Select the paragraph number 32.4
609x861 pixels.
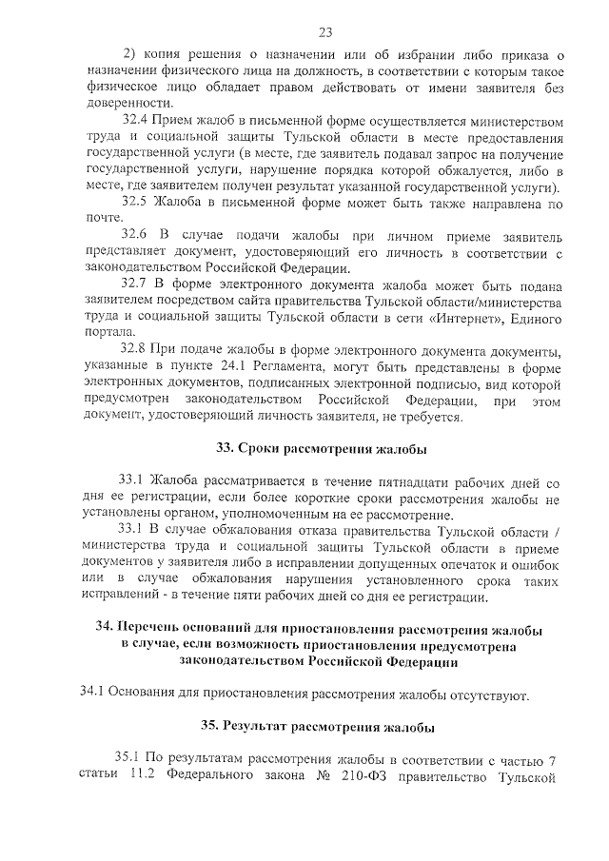tap(138, 122)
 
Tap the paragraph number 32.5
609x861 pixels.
tap(138, 203)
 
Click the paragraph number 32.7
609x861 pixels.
tap(138, 284)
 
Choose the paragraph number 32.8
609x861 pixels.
tap(138, 351)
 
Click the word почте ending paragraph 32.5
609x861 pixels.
tap(99, 219)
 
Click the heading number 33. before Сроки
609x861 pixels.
tap(226, 448)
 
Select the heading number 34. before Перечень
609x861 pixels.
tap(106, 630)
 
